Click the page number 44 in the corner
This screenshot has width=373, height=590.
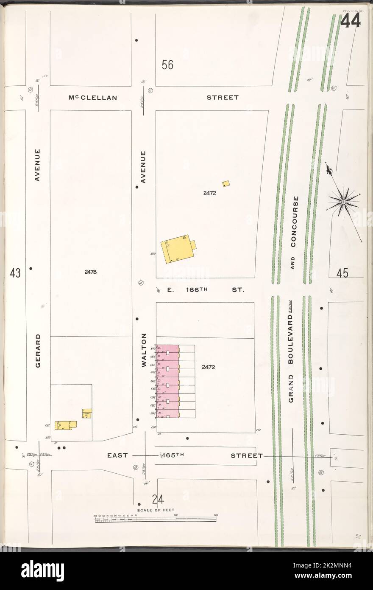pyautogui.click(x=350, y=21)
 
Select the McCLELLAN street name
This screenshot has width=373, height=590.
pyautogui.click(x=92, y=98)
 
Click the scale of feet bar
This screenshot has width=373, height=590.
pyautogui.click(x=155, y=518)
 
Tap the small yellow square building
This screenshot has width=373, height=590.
pyautogui.click(x=226, y=183)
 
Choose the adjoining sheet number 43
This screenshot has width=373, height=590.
pyautogui.click(x=15, y=273)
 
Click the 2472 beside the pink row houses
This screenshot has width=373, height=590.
pyautogui.click(x=209, y=367)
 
